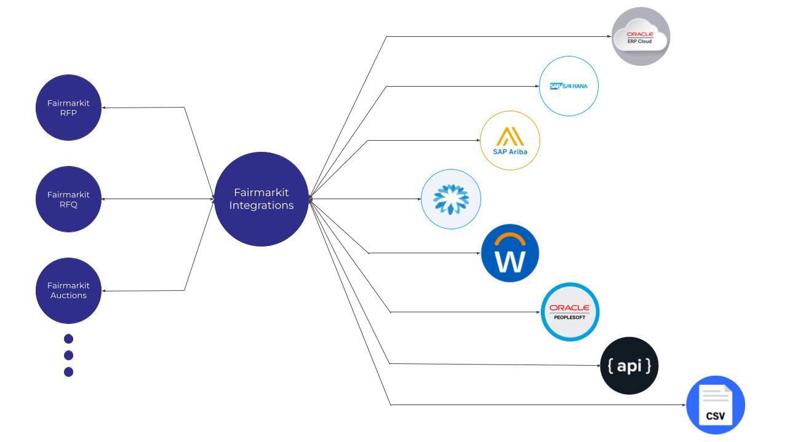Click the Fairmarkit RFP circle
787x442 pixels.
68,108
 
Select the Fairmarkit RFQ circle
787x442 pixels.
68,199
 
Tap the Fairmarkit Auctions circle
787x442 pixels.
68,291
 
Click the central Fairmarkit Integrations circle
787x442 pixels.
262,199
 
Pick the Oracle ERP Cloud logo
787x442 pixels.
641,36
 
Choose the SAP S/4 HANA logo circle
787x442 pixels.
569,86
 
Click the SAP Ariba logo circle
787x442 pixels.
509,140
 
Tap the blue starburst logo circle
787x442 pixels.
451,199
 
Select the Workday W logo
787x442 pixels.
509,253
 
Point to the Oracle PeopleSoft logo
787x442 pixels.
570,312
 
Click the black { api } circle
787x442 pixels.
629,366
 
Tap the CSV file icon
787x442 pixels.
716,405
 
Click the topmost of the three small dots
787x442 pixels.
68,339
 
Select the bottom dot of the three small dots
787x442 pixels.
68,372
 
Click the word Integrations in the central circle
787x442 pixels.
262,205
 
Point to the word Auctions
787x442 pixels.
68,295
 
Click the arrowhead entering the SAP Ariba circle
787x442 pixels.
478,140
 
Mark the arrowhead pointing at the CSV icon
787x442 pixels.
684,405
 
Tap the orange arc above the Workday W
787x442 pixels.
509,236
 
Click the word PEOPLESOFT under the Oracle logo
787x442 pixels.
570,317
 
